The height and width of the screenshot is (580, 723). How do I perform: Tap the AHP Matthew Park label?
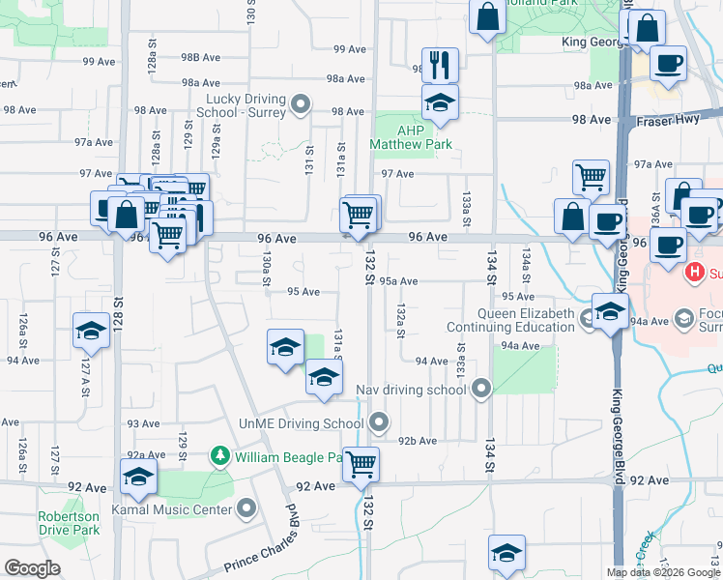pyautogui.click(x=411, y=136)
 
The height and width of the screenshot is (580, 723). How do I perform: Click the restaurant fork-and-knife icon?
pyautogui.click(x=440, y=65)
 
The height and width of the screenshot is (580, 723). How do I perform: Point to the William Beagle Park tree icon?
pyautogui.click(x=220, y=455)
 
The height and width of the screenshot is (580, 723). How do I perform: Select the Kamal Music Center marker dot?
pyautogui.click(x=247, y=508)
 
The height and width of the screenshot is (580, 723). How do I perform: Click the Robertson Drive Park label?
pyautogui.click(x=69, y=523)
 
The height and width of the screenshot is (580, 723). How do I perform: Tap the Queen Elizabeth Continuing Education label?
pyautogui.click(x=527, y=320)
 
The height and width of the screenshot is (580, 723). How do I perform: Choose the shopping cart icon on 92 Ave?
pyautogui.click(x=361, y=464)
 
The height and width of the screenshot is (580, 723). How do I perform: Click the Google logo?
pyautogui.click(x=32, y=568)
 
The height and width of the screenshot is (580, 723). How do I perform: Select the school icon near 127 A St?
pyautogui.click(x=91, y=331)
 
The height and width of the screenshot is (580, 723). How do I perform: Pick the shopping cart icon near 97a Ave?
pyautogui.click(x=591, y=177)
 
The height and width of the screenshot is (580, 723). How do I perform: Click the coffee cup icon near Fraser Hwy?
pyautogui.click(x=668, y=65)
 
